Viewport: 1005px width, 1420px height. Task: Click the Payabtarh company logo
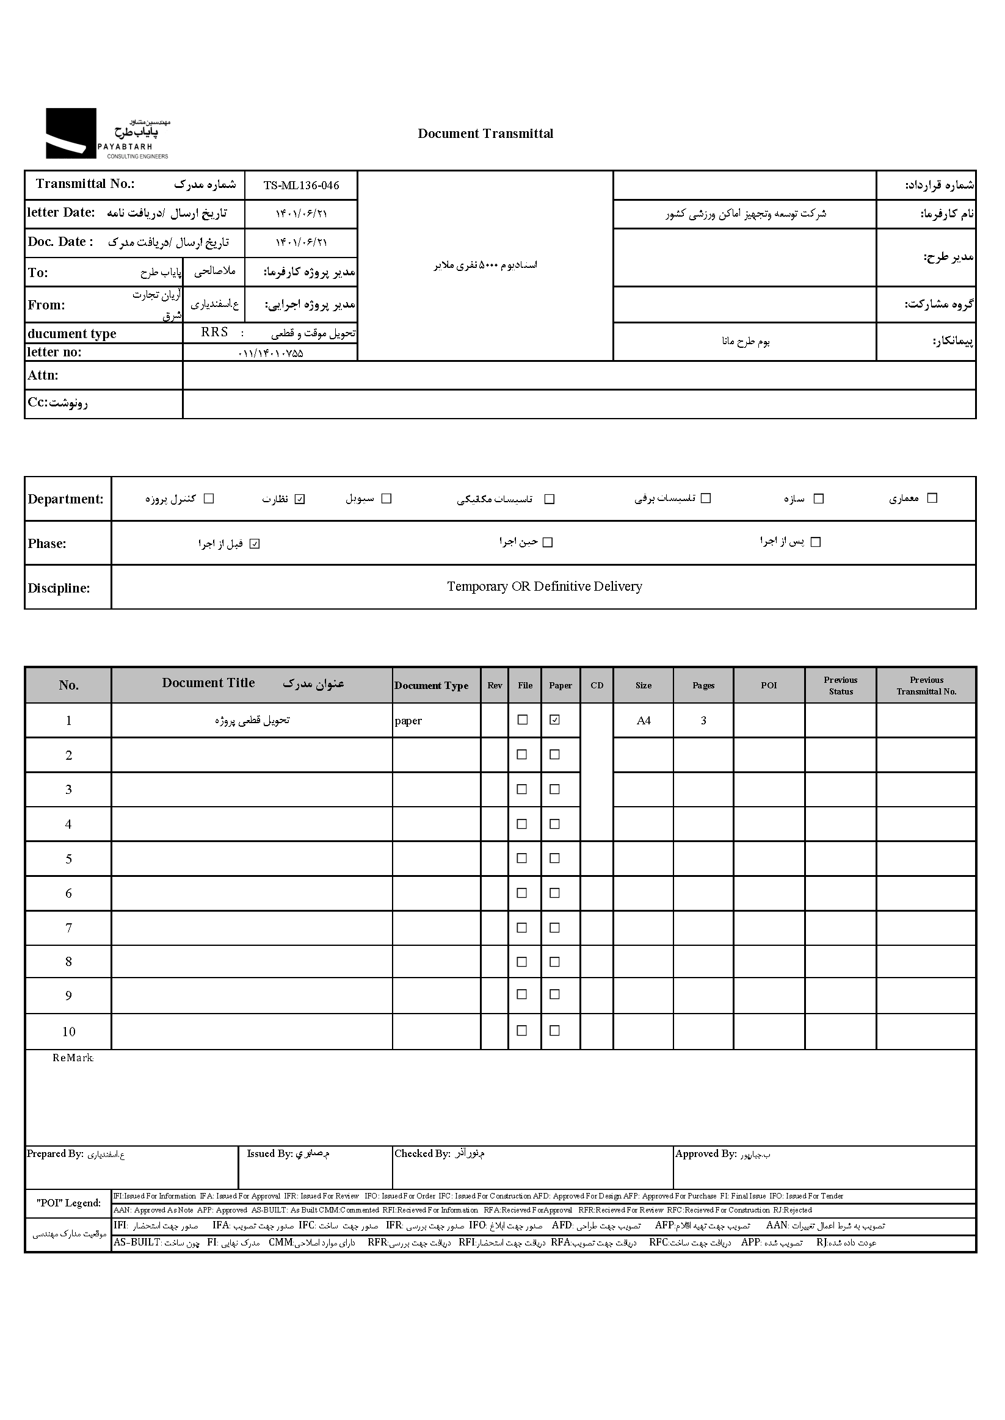coord(107,134)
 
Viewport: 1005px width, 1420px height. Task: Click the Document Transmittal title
coord(485,134)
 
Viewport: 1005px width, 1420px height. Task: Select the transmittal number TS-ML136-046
coord(301,185)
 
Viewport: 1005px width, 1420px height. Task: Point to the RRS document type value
coord(215,332)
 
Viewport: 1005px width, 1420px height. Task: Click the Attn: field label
coord(43,375)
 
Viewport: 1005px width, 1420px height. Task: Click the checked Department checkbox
coord(300,499)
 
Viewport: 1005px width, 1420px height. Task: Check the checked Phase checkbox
coord(255,544)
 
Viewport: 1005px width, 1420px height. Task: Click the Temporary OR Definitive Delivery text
coord(544,586)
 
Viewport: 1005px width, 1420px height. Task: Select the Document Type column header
coord(431,685)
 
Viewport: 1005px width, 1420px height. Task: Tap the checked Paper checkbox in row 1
coord(555,720)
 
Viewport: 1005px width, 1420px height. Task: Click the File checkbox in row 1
coord(522,720)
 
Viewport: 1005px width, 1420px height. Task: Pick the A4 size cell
coord(644,721)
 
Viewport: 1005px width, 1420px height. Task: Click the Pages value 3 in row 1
coord(703,721)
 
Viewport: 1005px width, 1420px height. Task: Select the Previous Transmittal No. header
coord(926,685)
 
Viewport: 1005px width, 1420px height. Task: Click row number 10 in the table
coord(69,1032)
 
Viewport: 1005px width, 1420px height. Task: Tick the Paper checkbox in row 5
coord(555,859)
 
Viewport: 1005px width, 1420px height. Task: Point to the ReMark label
coord(73,1058)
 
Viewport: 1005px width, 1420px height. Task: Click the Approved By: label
coord(705,1154)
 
